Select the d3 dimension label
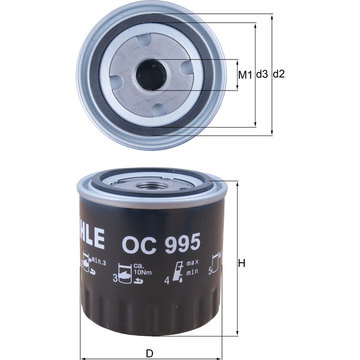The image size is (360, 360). tap(262, 75)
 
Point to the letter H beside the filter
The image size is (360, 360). tap(242, 263)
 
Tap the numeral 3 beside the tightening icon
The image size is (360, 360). tap(115, 277)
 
